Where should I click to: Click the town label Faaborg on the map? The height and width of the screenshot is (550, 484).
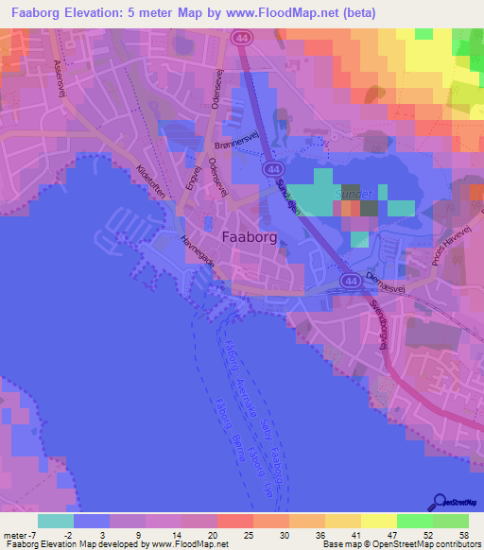click(250, 238)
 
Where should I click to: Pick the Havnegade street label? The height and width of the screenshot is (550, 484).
click(198, 253)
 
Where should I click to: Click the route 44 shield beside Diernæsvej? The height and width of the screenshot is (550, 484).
click(350, 282)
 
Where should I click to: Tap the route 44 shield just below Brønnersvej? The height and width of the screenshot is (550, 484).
click(272, 168)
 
